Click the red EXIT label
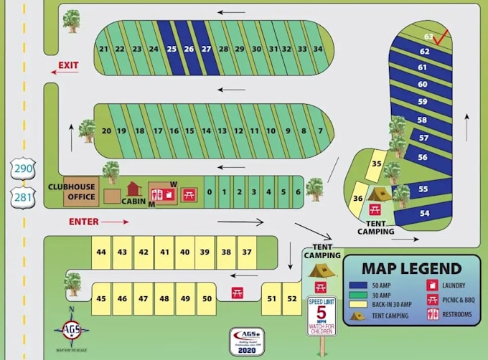68,66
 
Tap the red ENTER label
83,222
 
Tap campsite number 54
424,213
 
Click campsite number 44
101,252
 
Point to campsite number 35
375,164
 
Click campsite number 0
210,192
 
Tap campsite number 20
106,131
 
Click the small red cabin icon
133,189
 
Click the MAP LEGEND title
411,268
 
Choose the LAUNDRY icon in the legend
432,285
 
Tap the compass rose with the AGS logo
71,330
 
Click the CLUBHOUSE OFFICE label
72,192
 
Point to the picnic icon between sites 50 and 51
238,293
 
